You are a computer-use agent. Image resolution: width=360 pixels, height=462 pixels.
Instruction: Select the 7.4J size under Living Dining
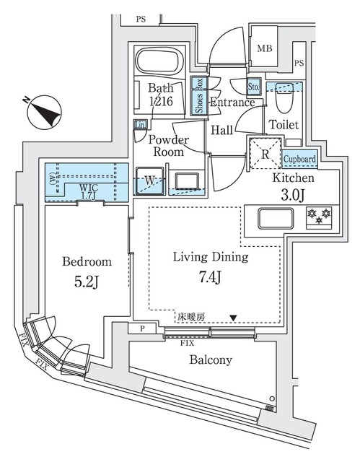(211, 276)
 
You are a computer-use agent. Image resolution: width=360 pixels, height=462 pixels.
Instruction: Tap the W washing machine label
(149, 180)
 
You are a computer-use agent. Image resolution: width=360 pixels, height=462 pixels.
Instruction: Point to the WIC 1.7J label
(89, 190)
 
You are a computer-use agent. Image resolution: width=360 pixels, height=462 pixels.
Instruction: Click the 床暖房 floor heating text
(189, 316)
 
